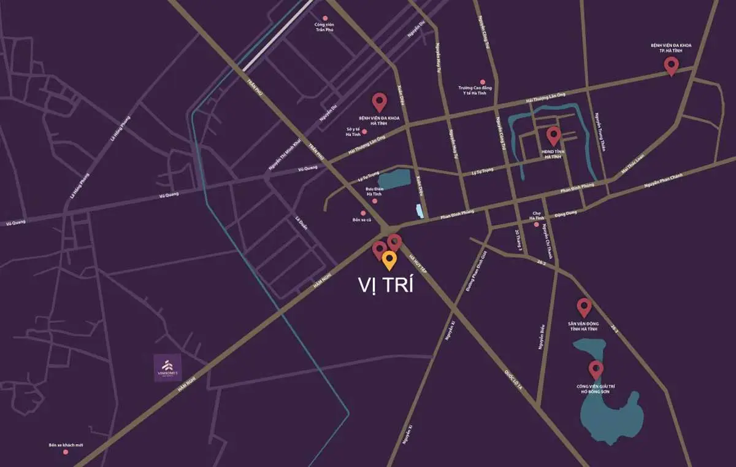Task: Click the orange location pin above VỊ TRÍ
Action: [x=389, y=260]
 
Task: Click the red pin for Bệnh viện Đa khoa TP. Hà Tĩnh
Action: [x=671, y=65]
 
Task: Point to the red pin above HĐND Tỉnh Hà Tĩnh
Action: [x=553, y=135]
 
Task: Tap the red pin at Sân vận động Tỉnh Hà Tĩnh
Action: [x=584, y=306]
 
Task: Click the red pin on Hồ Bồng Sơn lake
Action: [x=595, y=369]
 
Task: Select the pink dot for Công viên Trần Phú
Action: [x=325, y=18]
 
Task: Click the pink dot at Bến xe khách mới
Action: [x=66, y=452]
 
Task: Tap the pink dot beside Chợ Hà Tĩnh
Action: [x=537, y=224]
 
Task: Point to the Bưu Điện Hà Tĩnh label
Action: [x=374, y=191]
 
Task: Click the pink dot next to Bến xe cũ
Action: [x=363, y=212]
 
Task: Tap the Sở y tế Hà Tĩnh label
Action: [x=353, y=131]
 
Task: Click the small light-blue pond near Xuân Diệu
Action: [x=420, y=210]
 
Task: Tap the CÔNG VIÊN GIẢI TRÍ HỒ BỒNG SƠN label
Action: [x=595, y=389]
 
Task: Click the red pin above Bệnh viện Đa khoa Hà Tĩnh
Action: [x=379, y=102]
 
